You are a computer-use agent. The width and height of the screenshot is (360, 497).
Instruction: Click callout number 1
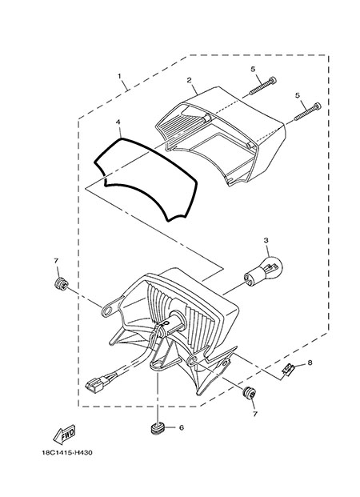[x=119, y=76]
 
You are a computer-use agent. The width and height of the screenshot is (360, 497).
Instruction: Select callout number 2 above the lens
[x=189, y=80]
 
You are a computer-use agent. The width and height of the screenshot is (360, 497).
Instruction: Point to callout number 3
[x=266, y=241]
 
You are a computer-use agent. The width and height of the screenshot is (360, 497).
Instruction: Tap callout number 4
[x=118, y=122]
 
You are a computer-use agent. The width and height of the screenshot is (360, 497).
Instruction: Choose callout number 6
[x=182, y=427]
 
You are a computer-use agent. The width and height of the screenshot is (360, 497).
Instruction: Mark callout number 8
[x=310, y=363]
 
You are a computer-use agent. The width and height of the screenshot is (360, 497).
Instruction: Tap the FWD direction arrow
[x=64, y=435]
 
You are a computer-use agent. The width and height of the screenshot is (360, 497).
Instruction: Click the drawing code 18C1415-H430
[x=67, y=453]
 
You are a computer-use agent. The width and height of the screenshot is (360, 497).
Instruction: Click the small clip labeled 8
[x=288, y=370]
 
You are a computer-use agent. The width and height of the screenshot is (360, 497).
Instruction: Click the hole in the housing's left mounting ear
[x=108, y=310]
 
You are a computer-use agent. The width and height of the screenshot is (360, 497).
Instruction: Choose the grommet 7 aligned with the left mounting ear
[x=60, y=283]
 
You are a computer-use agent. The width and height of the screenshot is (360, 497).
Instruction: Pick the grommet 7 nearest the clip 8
[x=249, y=393]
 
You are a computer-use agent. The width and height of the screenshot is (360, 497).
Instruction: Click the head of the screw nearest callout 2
[x=273, y=80]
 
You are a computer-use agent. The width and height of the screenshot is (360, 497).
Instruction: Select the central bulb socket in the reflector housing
[x=174, y=321]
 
